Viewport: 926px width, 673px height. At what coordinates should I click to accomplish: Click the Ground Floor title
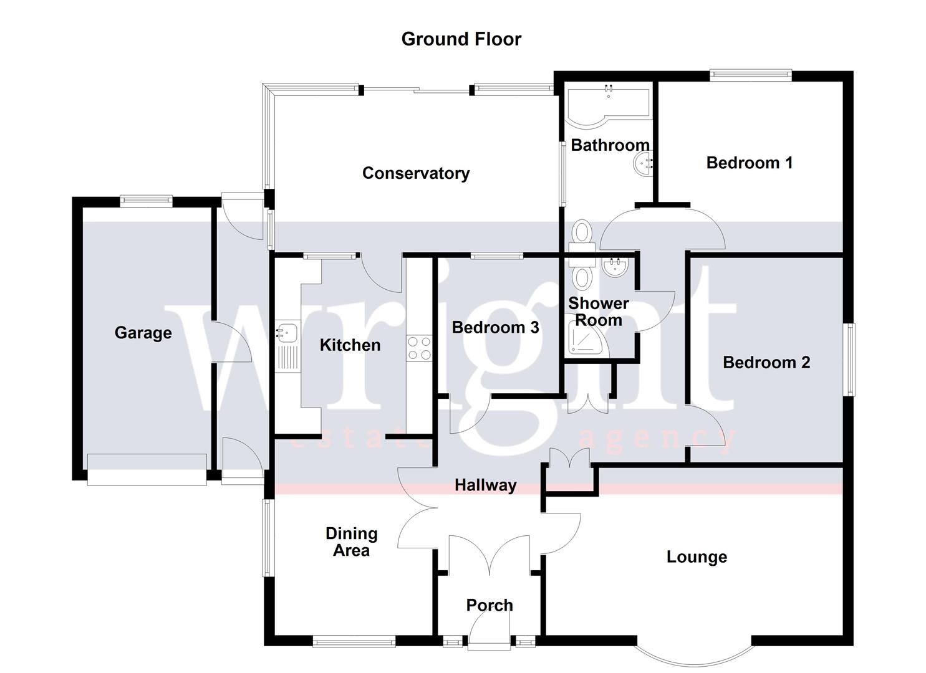[461, 39]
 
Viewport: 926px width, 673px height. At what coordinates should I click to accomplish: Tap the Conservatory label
[416, 173]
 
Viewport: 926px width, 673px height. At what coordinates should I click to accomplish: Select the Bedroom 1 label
[749, 163]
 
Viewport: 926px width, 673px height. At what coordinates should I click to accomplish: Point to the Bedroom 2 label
[766, 363]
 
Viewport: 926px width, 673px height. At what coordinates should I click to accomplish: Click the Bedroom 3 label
[495, 328]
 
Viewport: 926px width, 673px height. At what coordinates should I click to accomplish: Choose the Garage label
[143, 333]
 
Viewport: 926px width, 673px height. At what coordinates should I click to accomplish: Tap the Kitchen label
[350, 345]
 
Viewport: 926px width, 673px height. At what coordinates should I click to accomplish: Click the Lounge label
[697, 557]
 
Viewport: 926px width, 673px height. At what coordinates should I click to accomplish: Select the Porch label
[490, 605]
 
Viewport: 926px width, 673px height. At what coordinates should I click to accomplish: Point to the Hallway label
[485, 485]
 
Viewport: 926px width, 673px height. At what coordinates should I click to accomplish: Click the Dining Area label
[351, 542]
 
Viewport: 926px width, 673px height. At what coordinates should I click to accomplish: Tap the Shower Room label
[598, 312]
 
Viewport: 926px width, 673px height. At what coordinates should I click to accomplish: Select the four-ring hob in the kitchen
[419, 348]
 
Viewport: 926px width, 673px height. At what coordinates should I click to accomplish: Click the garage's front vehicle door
[147, 470]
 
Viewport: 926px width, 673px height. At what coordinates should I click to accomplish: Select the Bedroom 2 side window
[849, 358]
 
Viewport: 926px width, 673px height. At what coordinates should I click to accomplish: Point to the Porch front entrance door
[489, 629]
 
